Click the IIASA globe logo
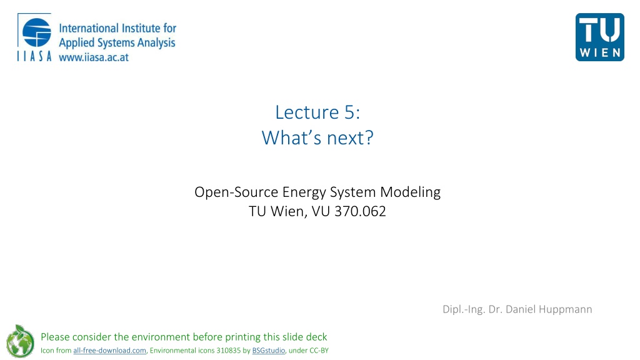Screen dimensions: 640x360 [x=37, y=32]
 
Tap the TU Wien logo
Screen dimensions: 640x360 [x=599, y=37]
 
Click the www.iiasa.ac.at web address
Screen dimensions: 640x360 [x=94, y=57]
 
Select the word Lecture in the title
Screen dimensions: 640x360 [x=307, y=112]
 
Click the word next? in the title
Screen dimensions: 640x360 [x=350, y=138]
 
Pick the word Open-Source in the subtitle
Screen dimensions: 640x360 [x=236, y=192]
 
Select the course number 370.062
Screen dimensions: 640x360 [x=360, y=211]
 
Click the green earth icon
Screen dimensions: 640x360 [x=20, y=341]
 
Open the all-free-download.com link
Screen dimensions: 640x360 [x=109, y=351]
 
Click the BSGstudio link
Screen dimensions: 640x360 [x=269, y=351]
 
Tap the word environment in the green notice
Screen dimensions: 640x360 [x=161, y=337]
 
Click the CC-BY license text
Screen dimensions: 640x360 [x=319, y=351]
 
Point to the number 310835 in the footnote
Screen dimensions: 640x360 [x=228, y=351]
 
